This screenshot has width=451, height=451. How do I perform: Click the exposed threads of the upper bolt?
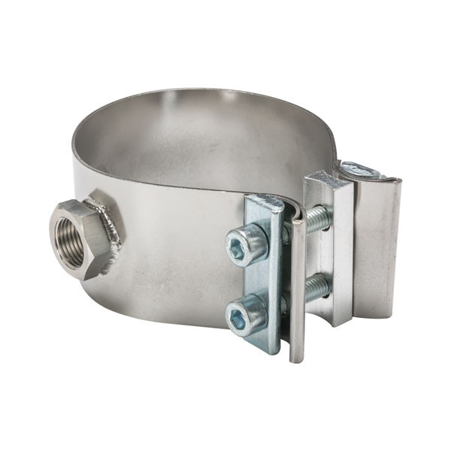coord(317,218)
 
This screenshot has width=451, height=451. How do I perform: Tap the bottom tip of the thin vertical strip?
coord(298,357)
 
